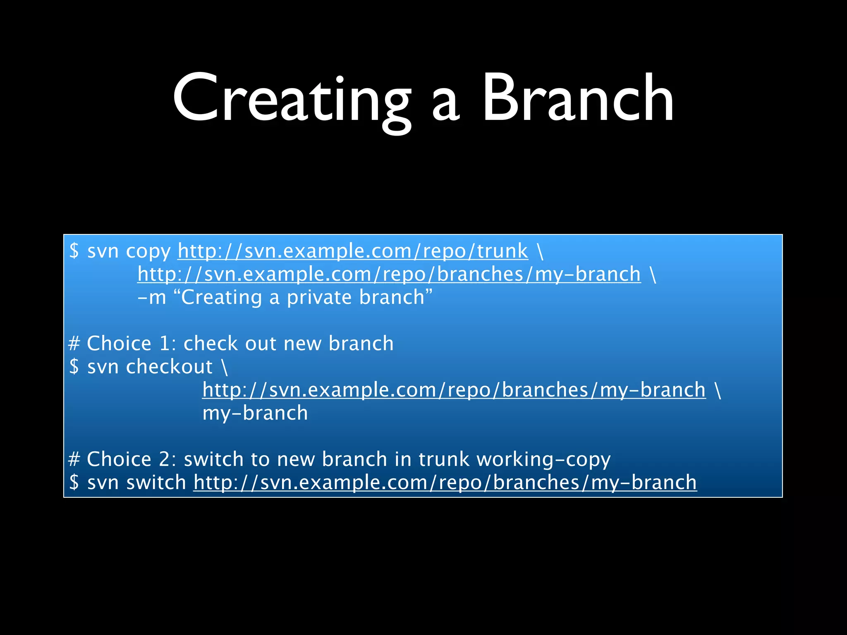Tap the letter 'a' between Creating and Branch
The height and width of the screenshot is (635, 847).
[446, 105]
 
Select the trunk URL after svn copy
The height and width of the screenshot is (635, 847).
[353, 251]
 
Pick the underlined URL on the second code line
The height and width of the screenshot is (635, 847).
[389, 275]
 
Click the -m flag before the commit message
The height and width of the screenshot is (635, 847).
[151, 298]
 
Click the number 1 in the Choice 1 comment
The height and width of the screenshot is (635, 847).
[165, 344]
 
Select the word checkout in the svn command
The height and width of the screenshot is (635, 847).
[169, 367]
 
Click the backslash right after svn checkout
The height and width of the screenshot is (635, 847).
[225, 367]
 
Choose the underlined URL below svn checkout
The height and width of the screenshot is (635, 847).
[454, 390]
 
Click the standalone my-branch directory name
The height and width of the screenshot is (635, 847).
[255, 413]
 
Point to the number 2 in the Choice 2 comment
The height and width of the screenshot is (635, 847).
[165, 459]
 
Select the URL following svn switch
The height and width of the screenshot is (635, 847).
[445, 483]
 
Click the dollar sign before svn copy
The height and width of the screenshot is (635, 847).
[74, 251]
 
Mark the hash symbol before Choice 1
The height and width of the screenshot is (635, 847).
[74, 344]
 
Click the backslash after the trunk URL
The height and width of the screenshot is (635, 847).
[540, 251]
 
